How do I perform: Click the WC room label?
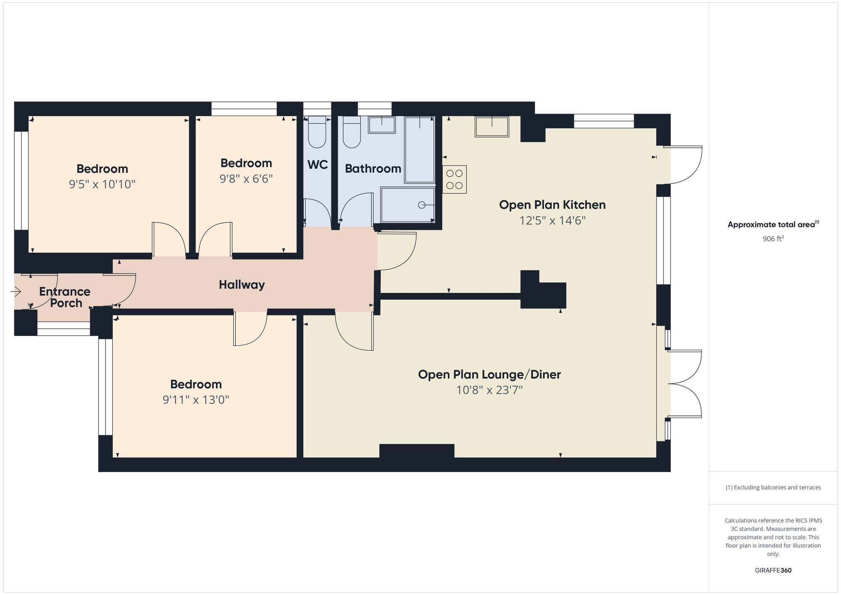317,165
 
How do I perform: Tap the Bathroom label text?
373,169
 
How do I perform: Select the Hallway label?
242,285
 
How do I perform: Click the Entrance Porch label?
65,297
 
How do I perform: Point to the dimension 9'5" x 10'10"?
102,184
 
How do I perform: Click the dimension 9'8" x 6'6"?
246,179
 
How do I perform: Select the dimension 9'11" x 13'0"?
196,399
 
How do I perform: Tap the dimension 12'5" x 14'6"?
552,220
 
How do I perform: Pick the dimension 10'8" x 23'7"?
489,390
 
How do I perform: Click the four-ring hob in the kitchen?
454,179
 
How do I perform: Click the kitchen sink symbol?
492,126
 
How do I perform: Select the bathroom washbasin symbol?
382,125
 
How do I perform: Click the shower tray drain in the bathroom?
421,205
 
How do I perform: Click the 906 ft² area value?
773,239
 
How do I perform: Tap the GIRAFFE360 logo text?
773,570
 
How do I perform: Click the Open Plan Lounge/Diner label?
489,374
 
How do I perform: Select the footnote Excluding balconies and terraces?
773,487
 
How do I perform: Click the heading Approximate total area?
772,225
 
